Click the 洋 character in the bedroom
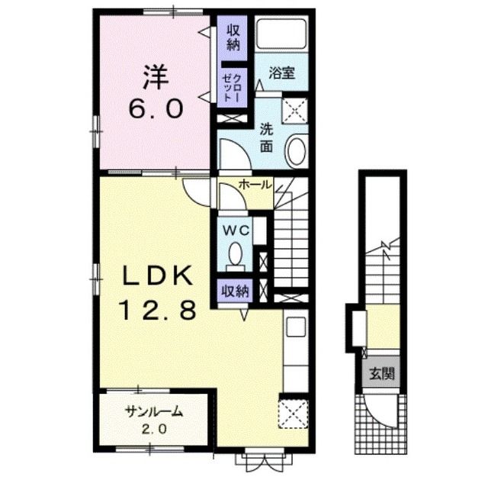click(x=156, y=77)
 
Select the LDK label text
click(x=158, y=275)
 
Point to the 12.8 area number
click(x=159, y=310)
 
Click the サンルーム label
click(x=153, y=412)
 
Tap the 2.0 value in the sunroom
click(x=154, y=429)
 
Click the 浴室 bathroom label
click(x=281, y=72)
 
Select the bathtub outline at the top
click(x=281, y=34)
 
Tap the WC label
click(x=236, y=230)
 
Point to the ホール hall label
click(x=255, y=185)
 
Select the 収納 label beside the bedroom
click(x=233, y=37)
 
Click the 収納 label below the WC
click(x=236, y=292)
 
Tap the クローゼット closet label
click(x=233, y=88)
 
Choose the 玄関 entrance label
click(x=382, y=373)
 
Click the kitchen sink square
click(x=295, y=327)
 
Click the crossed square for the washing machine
click(x=294, y=111)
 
